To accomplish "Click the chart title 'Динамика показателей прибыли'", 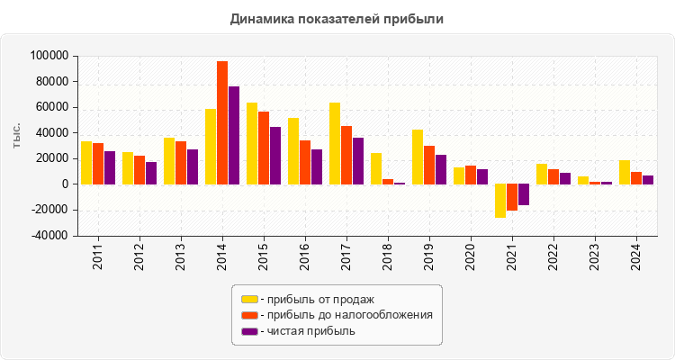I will [x=337, y=18].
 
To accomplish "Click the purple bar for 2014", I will [x=233, y=136].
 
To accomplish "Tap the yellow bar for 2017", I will [x=335, y=144].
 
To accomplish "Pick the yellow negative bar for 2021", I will [x=500, y=201].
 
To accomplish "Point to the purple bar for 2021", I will [x=523, y=194].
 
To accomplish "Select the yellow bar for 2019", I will [x=418, y=157].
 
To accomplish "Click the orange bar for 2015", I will [x=263, y=148].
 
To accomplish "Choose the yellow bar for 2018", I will [x=376, y=169].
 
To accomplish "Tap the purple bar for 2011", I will [x=110, y=168].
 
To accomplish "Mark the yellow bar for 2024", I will [x=625, y=173].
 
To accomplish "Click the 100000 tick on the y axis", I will [x=49, y=56].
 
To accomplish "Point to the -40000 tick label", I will [x=49, y=236].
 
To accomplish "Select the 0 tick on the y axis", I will [x=65, y=184].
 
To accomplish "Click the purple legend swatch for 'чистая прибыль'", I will [x=248, y=331].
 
